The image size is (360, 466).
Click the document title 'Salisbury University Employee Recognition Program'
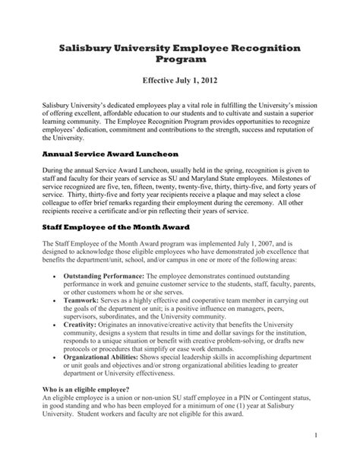point(179,54)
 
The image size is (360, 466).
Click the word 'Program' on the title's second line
point(180,60)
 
